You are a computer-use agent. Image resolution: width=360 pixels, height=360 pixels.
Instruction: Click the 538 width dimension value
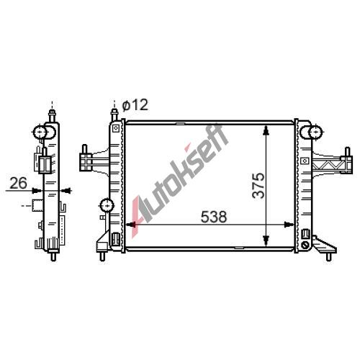pos(213,217)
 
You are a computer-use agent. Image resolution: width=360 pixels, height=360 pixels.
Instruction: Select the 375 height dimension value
pos(258,186)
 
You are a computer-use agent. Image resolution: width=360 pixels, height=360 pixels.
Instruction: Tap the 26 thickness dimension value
pos(18,184)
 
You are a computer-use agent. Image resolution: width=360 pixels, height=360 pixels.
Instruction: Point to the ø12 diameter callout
pos(135,105)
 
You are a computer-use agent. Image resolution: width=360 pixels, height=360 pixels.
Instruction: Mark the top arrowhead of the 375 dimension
pos(266,130)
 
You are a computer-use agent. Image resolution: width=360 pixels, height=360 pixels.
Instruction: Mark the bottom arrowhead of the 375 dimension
pos(266,240)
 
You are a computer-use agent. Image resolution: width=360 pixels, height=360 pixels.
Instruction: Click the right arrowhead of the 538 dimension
pos(289,225)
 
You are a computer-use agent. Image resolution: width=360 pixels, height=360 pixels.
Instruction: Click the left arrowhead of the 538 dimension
pos(131,225)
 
